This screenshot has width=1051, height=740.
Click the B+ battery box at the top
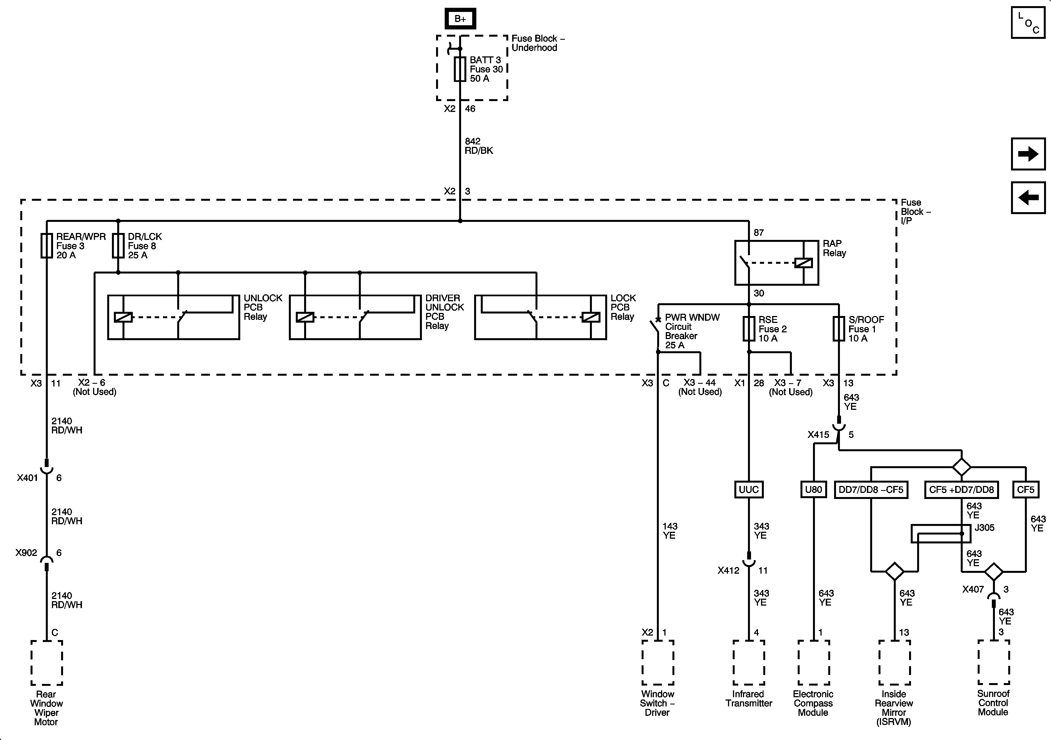tap(460, 19)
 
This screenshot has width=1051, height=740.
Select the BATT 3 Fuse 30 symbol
tap(460, 69)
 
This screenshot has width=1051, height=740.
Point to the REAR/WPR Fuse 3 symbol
tap(47, 246)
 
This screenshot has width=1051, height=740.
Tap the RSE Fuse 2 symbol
tap(749, 328)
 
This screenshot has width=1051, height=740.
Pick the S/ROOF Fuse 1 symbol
tap(839, 328)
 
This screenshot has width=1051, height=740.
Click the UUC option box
tap(749, 489)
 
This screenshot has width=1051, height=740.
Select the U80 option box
tap(814, 489)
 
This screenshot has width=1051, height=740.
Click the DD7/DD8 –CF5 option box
tap(871, 489)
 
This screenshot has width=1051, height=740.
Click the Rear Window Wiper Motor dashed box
tap(47, 662)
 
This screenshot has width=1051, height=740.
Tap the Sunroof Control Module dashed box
tap(993, 662)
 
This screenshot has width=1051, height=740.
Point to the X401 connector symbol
tap(47, 469)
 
